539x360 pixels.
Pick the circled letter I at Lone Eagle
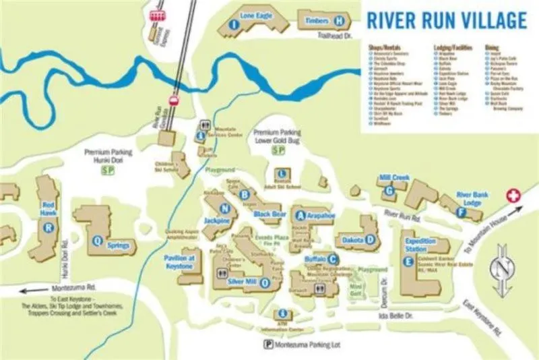tap(234, 24)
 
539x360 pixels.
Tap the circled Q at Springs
tap(98, 240)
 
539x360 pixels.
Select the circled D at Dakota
tap(370, 239)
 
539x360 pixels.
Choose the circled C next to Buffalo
tap(333, 259)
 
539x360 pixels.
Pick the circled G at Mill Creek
tap(389, 191)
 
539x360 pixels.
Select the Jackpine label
tap(217, 220)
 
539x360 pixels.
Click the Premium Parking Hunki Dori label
tap(108, 156)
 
